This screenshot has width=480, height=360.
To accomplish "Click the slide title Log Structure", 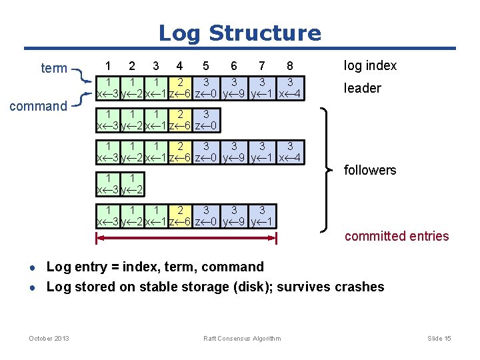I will coord(239,33).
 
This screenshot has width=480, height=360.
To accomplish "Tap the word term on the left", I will coord(54,68).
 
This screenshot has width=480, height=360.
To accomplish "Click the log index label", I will coord(370,65).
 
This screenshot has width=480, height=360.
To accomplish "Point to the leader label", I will coord(362,88).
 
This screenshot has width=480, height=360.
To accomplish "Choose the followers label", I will coord(369,170).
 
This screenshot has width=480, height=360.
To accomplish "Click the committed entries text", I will coord(397,236).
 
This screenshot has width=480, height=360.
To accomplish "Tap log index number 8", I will coord(289,66).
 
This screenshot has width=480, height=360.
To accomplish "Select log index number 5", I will coord(206,66).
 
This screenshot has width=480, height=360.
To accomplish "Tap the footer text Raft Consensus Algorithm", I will coord(242,339).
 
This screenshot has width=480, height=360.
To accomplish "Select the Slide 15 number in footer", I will coord(439,339).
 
